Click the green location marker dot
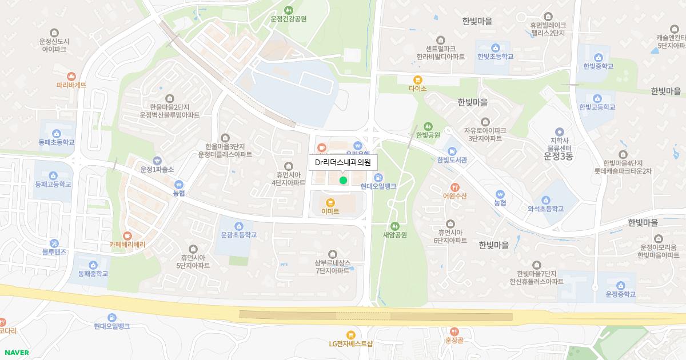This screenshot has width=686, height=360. coord(343,181)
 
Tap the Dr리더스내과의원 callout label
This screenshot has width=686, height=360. coord(343,162)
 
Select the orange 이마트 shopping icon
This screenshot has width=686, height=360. coord(330,202)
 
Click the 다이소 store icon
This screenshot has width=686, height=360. coord(418,80)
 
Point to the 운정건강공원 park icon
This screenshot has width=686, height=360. coord(289,10)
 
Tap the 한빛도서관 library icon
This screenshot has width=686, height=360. coord(452,151)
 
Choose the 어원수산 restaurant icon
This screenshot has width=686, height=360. coord(454,187)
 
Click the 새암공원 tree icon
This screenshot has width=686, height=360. coord(394,226)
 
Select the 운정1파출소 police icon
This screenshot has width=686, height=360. coord(157,161)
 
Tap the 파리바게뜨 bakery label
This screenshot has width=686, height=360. coord(71,85)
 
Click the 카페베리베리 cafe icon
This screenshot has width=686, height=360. coord(127,235)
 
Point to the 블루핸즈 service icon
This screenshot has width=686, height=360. coord(54,243)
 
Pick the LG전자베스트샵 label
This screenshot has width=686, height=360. coord(350,343)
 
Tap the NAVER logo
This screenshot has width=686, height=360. coord(16,353)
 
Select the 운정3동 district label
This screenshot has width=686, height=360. coord(558,156)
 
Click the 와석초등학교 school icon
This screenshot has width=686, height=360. coord(546,200)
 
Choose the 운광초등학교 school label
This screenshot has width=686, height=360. coord(238,235)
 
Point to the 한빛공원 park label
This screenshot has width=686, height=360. coord(428,135)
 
